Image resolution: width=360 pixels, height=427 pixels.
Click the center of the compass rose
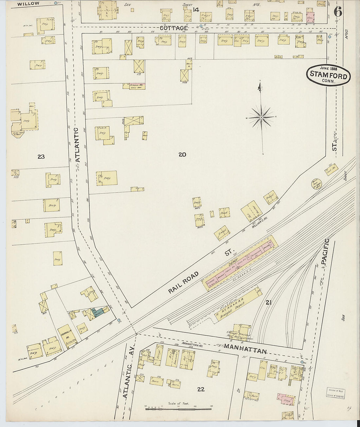262,117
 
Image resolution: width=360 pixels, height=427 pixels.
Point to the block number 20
182,154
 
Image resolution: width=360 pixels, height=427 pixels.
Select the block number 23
41,157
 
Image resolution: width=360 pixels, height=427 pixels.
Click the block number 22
201,389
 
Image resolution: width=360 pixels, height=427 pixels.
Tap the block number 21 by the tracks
269,303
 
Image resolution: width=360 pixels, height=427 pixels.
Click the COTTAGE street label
174,28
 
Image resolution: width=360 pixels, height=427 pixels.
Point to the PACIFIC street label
324,252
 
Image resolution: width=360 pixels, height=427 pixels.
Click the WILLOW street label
28,4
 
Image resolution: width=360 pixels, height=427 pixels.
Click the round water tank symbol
316,184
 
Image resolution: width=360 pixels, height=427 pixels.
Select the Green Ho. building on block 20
134,86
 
